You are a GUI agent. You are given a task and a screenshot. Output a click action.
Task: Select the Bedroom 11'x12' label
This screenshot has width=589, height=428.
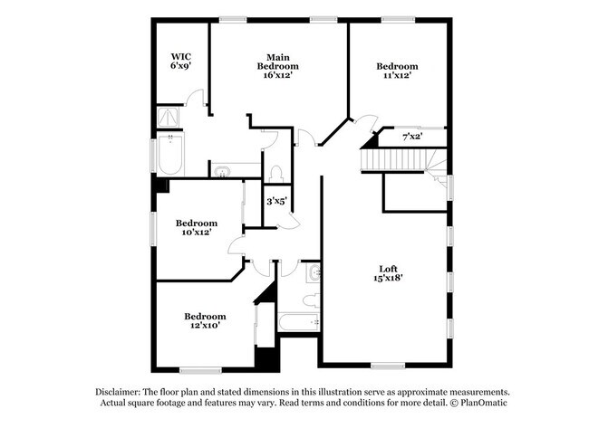pos(397,71)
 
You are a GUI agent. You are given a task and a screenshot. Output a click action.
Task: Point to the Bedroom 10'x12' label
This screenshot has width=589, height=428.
pos(197,227)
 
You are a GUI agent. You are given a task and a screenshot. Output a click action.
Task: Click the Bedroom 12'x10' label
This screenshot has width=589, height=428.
pos(206,320)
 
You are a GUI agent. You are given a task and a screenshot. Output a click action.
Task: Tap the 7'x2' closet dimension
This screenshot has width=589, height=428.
pos(412,137)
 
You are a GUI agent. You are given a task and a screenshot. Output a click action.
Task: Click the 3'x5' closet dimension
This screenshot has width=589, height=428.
pos(276,201)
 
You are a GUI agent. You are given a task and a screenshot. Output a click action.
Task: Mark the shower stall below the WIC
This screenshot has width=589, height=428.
pos(169,117)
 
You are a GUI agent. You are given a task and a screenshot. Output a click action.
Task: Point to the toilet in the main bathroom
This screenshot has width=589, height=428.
pos(277,171)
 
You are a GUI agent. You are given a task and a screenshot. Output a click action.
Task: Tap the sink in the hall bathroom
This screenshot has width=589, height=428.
pos(312,272)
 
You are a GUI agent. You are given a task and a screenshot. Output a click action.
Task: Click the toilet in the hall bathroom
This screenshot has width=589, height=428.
pos(308,300)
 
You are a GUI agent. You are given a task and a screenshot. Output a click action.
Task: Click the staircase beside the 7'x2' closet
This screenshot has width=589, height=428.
pos(399,159)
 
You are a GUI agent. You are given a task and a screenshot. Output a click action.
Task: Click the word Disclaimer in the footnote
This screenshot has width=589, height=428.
pos(123,390)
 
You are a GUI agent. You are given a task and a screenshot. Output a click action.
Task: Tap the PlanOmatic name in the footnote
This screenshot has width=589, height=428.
pos(480,403)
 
